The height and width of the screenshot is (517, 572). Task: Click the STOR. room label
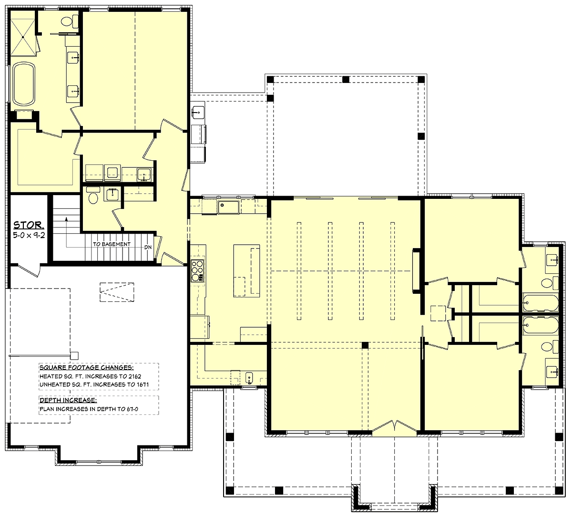click(29, 225)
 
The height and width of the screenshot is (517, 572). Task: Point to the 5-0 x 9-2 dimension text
click(29, 235)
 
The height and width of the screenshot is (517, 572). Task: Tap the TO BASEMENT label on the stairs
click(112, 244)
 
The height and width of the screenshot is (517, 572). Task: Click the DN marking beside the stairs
click(148, 247)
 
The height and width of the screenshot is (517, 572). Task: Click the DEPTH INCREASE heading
click(68, 400)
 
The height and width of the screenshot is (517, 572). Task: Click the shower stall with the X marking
click(23, 33)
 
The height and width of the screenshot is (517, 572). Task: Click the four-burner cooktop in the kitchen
click(197, 270)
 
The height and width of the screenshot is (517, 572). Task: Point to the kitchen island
click(246, 270)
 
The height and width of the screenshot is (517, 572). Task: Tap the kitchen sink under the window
click(228, 207)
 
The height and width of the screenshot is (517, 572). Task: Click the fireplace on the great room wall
click(416, 270)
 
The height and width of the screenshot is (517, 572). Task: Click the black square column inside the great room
click(365, 344)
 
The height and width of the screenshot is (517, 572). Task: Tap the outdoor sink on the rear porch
click(198, 113)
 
